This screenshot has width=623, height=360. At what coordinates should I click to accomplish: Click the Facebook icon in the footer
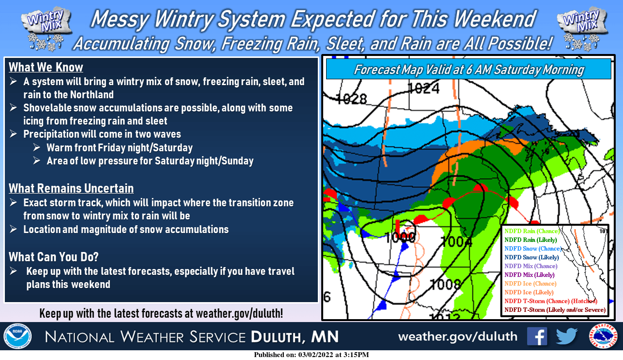tap(537, 336)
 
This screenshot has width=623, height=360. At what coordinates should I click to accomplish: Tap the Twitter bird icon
tap(567, 336)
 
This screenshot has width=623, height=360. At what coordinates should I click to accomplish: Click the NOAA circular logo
tap(18, 336)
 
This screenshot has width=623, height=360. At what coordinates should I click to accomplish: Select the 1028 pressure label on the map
tap(351, 99)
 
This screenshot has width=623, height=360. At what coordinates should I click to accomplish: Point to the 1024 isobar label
tap(423, 89)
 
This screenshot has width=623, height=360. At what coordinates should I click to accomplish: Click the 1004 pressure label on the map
tap(456, 241)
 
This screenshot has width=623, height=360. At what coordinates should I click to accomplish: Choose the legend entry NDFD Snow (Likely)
tap(531, 257)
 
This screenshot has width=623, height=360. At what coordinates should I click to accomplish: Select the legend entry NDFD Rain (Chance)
tap(532, 231)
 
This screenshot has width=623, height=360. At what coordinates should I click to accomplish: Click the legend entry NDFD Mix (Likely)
tap(530, 275)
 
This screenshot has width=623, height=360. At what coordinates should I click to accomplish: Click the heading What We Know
tap(46, 67)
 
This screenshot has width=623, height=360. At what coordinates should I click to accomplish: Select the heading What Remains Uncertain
tap(71, 188)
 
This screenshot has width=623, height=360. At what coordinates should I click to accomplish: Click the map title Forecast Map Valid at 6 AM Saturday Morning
tap(468, 70)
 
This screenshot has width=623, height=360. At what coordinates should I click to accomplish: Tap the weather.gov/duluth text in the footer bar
tap(458, 337)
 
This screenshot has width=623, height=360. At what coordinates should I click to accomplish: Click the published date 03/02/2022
tap(317, 355)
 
